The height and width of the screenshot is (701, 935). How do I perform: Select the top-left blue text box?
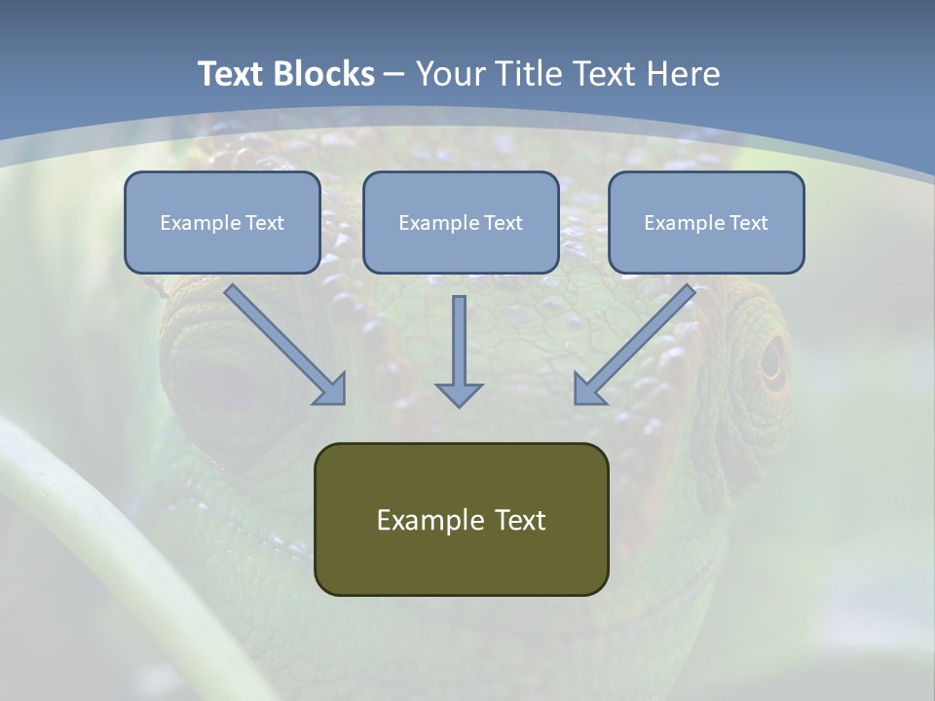pos(222,222)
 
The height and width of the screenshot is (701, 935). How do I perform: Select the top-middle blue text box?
pos(461,222)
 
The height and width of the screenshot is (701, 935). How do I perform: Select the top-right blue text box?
pos(706,222)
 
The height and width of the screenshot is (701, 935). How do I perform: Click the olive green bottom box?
pos(461,519)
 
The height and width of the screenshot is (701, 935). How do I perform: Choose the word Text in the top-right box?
pos(748,223)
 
